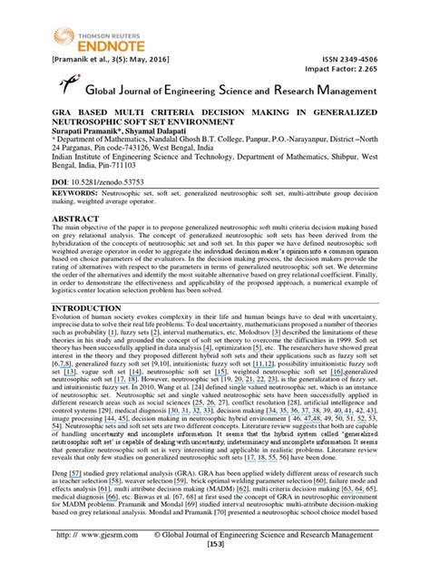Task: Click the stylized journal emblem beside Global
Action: coord(67,87)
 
